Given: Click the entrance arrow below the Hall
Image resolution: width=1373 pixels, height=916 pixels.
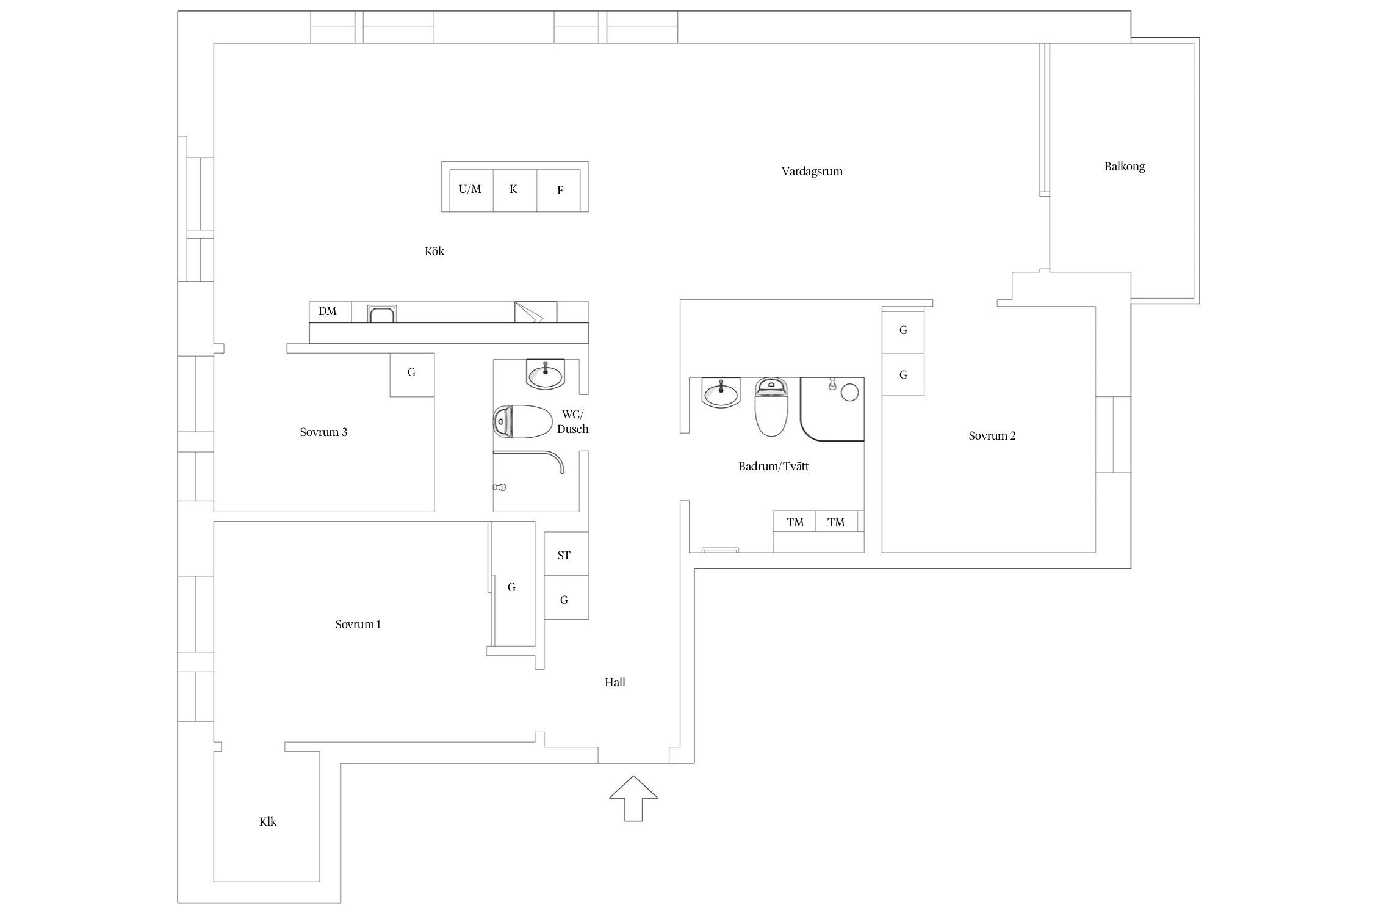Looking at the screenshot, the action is click(633, 798).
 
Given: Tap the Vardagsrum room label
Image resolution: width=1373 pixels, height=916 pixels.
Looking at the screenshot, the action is click(812, 172).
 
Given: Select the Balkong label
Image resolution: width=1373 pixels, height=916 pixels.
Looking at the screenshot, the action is click(1124, 167).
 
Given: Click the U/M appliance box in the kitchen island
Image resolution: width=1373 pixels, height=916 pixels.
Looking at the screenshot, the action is click(471, 190).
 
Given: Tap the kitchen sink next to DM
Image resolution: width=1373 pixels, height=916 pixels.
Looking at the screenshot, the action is click(382, 314).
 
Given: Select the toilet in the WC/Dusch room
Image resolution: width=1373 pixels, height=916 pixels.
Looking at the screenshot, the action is click(523, 421).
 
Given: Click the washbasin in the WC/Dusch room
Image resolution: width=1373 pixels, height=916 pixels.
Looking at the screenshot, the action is click(545, 374).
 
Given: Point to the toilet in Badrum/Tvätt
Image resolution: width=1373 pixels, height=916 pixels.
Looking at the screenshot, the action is click(771, 407).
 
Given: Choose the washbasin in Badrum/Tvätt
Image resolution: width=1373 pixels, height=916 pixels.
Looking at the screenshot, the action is click(721, 392).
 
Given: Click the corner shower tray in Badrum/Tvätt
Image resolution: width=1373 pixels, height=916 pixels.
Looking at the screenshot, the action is click(832, 409).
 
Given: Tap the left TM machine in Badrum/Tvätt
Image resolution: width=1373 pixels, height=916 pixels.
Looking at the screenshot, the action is click(795, 522).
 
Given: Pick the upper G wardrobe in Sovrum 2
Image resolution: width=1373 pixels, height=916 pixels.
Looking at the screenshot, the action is click(903, 330).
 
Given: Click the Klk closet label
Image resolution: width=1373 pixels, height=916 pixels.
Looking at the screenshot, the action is click(268, 822).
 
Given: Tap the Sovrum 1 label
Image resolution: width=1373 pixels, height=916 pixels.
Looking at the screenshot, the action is click(358, 625).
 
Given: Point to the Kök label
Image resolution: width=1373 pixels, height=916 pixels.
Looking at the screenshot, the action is click(434, 252).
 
